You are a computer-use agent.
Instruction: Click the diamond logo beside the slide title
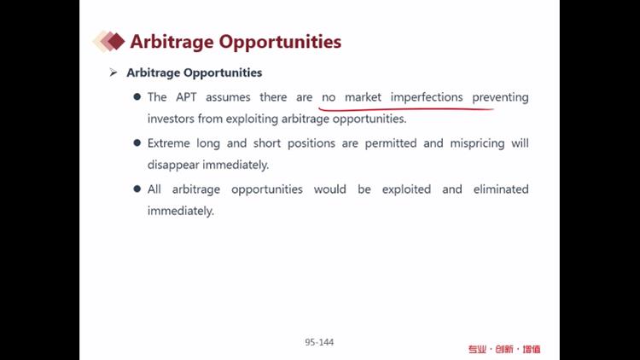[109, 41]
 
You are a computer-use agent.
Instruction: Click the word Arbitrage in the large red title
[172, 42]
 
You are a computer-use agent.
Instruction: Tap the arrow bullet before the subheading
[113, 73]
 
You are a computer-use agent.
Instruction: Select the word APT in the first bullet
[186, 97]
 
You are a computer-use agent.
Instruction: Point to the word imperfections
[427, 97]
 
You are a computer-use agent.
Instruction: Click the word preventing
[500, 97]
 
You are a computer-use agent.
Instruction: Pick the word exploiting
[252, 119]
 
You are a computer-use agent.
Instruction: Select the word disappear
[173, 165]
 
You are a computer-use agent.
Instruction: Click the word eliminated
[501, 189]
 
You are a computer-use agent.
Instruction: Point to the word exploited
[406, 189]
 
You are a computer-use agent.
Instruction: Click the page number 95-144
[319, 342]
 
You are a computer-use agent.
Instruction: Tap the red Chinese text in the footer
[504, 350]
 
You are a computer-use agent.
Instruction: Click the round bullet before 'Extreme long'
[137, 142]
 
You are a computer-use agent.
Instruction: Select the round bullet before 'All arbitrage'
[137, 189]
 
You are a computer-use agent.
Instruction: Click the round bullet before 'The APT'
[137, 96]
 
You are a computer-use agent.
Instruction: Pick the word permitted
[391, 143]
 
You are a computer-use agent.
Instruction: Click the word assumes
[228, 97]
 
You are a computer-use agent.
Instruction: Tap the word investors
[171, 119]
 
